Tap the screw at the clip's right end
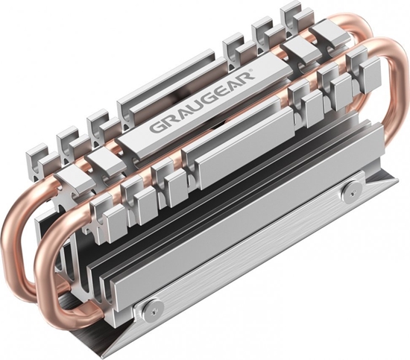348,192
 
